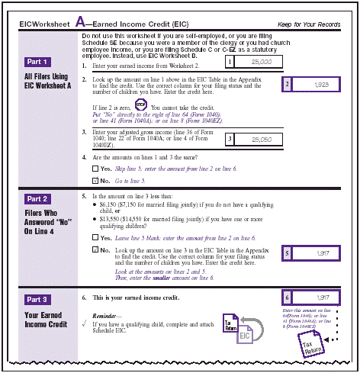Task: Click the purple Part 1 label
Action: [36, 61]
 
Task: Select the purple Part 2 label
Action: [36, 198]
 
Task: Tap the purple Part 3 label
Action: [36, 298]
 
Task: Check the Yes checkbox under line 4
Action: [95, 168]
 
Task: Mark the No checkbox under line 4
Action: [95, 181]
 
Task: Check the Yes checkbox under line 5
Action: [95, 237]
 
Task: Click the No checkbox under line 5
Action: [95, 249]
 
